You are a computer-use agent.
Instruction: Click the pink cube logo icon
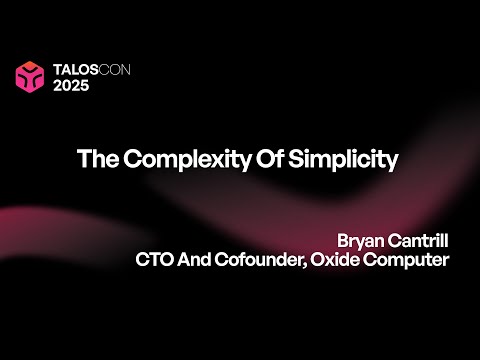coord(31,76)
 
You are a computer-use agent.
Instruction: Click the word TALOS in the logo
coord(75,69)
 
